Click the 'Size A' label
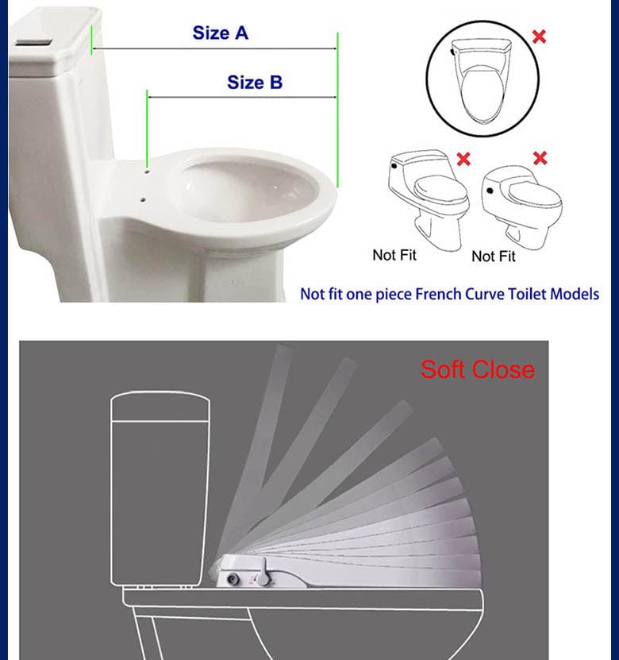click(221, 33)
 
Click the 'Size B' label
click(255, 82)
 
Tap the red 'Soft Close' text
click(478, 369)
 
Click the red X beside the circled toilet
click(539, 37)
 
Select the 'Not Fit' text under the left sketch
click(394, 255)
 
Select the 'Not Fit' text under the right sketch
click(494, 256)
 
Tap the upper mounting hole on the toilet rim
click(147, 172)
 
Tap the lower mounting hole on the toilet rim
click(143, 199)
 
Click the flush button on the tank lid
click(34, 43)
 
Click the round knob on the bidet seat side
click(233, 579)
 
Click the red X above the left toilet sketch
click(463, 159)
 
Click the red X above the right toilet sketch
click(540, 158)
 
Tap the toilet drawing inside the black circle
click(482, 80)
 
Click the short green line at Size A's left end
click(91, 40)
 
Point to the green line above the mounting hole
click(147, 129)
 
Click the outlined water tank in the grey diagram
click(160, 488)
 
